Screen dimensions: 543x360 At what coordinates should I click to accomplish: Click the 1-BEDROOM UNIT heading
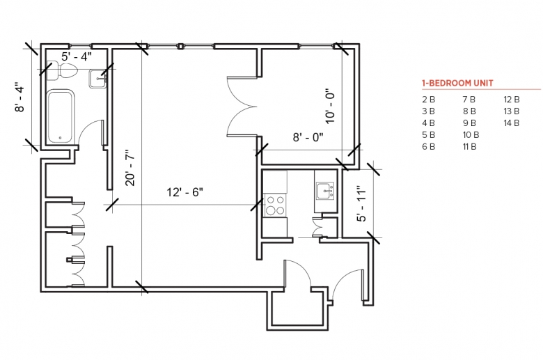click(x=457, y=83)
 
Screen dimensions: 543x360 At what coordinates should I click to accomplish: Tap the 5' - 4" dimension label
click(x=77, y=56)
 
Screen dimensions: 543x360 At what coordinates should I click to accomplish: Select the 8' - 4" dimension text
click(x=19, y=97)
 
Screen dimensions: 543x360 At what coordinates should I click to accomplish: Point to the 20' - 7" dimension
click(x=130, y=168)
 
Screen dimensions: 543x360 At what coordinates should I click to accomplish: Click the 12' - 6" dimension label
click(x=185, y=192)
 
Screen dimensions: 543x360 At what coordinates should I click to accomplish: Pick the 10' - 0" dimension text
click(x=331, y=107)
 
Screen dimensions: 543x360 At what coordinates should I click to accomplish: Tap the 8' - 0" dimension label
click(x=308, y=137)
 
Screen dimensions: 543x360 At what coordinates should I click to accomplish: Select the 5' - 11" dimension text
click(x=361, y=205)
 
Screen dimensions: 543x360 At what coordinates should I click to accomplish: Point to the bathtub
click(x=61, y=116)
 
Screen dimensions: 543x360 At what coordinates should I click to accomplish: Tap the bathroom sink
click(x=98, y=79)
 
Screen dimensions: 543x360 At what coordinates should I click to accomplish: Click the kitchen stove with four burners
click(x=275, y=205)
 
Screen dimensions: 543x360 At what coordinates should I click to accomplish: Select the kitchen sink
click(x=325, y=191)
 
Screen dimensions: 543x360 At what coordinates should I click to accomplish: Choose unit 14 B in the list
click(x=512, y=123)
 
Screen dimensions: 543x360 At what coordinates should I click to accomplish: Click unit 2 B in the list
click(x=428, y=100)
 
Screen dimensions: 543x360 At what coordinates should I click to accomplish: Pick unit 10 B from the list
click(x=471, y=135)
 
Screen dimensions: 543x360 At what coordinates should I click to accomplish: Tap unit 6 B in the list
click(x=428, y=146)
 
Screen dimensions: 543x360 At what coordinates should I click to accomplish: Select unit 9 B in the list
click(x=469, y=123)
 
